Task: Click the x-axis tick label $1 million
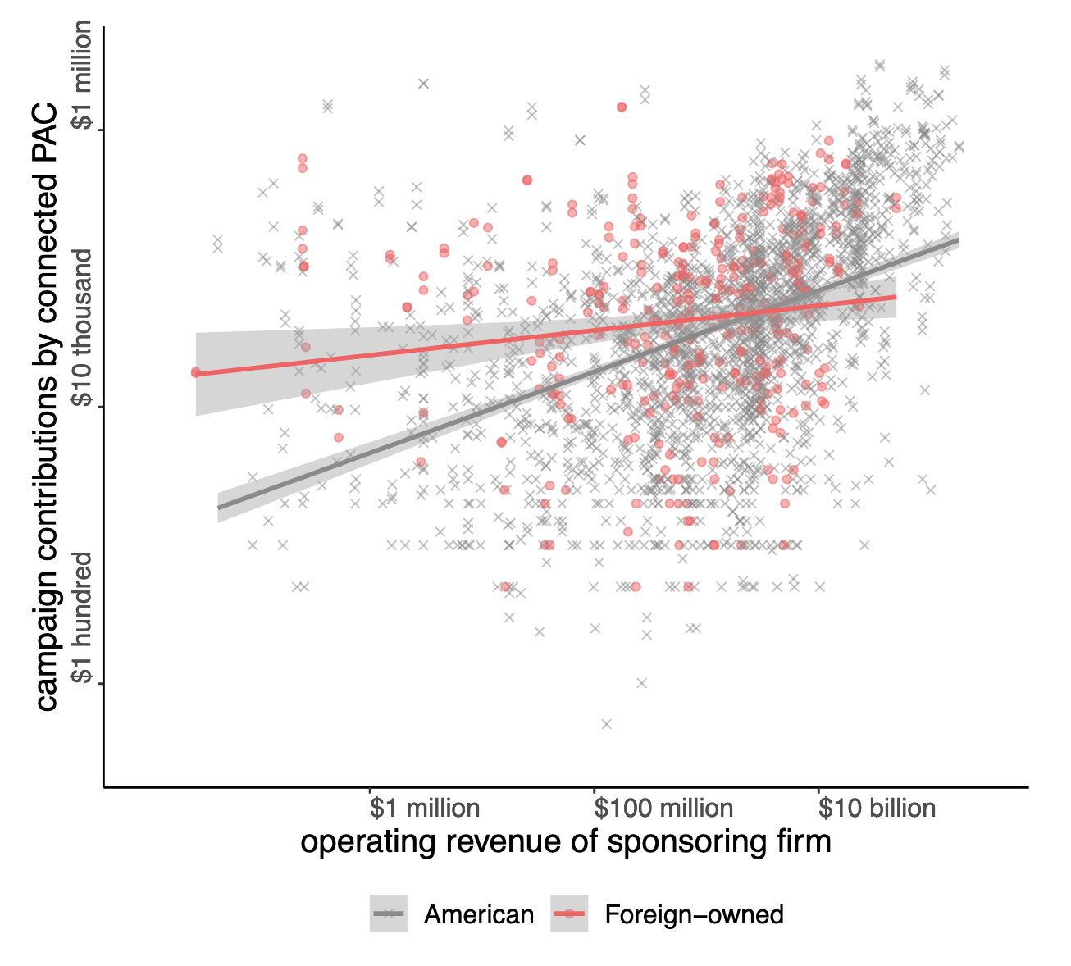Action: [424, 809]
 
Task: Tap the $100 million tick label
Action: [663, 809]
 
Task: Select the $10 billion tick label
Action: [877, 809]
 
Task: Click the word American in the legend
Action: [478, 914]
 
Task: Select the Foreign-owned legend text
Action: [694, 914]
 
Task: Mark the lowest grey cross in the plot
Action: [606, 723]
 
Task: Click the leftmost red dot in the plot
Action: [195, 372]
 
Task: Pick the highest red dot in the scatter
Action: [621, 107]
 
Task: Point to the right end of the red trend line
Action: [896, 297]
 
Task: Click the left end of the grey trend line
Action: [219, 507]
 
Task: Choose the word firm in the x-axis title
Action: [804, 842]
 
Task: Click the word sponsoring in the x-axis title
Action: [693, 842]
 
